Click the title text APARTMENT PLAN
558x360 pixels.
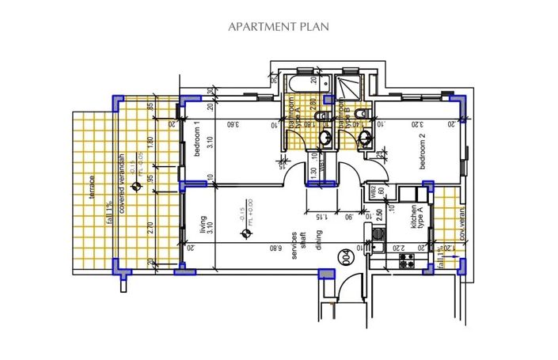tap(279, 26)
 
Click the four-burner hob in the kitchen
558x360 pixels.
tap(408, 258)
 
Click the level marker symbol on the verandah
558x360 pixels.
tap(137, 188)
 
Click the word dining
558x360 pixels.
tap(318, 241)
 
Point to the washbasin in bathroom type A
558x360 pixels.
tap(325, 139)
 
